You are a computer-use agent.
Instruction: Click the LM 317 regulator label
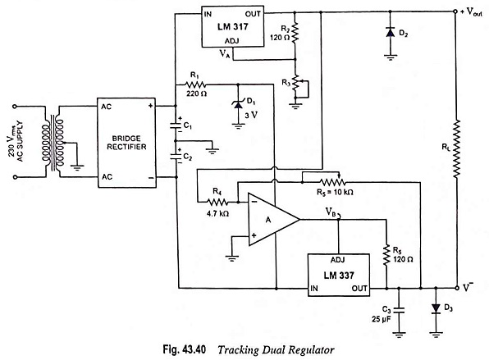(233, 26)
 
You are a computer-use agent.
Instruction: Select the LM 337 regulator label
(339, 276)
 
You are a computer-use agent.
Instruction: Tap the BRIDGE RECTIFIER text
(126, 143)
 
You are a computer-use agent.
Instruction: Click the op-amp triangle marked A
(274, 220)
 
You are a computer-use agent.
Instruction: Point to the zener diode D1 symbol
(238, 105)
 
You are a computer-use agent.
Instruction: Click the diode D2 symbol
(391, 33)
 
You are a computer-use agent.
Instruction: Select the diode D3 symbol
(436, 308)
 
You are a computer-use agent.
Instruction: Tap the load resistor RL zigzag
(456, 149)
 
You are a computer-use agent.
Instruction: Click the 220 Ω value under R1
(196, 93)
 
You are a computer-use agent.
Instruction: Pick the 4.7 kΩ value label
(217, 214)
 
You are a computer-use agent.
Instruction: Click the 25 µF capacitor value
(381, 319)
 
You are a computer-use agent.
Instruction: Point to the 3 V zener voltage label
(251, 116)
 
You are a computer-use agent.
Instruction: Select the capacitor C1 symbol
(176, 125)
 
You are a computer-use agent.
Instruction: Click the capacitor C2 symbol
(176, 157)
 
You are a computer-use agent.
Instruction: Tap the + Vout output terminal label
(471, 12)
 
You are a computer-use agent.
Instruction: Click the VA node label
(225, 53)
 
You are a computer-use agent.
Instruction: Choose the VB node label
(331, 212)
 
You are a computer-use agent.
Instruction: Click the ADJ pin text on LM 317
(232, 41)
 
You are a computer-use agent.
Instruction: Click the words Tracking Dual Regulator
(276, 350)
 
